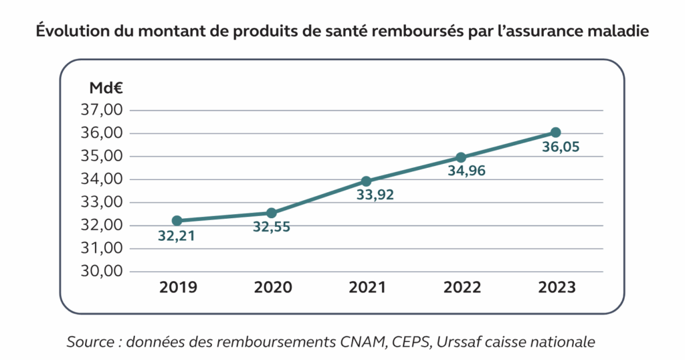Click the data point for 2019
[x=177, y=221]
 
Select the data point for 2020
[x=272, y=213]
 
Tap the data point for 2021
[x=366, y=181]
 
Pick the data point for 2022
[x=461, y=157]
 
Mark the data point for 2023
[x=555, y=132]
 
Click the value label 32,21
[x=177, y=236]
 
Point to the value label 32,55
[x=272, y=228]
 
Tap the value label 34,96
[x=460, y=172]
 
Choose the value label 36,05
[x=555, y=147]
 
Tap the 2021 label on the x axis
[x=367, y=288]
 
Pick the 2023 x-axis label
[x=557, y=288]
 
